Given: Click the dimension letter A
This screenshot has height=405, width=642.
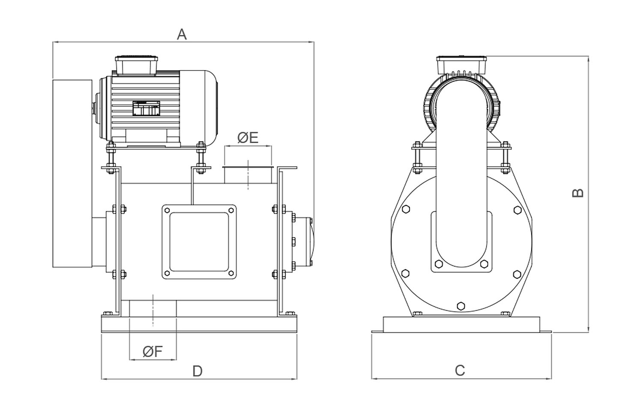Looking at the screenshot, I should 182,34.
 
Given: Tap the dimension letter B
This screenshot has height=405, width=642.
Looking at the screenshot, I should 578,193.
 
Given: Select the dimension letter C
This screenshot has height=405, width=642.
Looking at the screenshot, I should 460,370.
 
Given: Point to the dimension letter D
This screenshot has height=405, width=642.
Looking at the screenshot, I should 197,371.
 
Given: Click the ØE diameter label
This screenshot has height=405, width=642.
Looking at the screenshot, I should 248,138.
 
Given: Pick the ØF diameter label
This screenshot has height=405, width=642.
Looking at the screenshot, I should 153,352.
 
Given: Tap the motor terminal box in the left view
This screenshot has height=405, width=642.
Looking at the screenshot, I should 136,65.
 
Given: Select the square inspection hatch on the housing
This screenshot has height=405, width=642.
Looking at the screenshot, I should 199,242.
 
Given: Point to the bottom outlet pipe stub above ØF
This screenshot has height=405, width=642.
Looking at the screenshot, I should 153,308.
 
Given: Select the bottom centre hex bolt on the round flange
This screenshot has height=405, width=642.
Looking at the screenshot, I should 461,306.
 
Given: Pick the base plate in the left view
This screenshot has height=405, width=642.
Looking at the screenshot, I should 199,324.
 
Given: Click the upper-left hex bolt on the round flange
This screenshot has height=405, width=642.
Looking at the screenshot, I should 406,209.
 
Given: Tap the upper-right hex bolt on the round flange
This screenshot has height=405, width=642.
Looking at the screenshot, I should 517,210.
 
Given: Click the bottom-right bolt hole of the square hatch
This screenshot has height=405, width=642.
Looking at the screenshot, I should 231,273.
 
